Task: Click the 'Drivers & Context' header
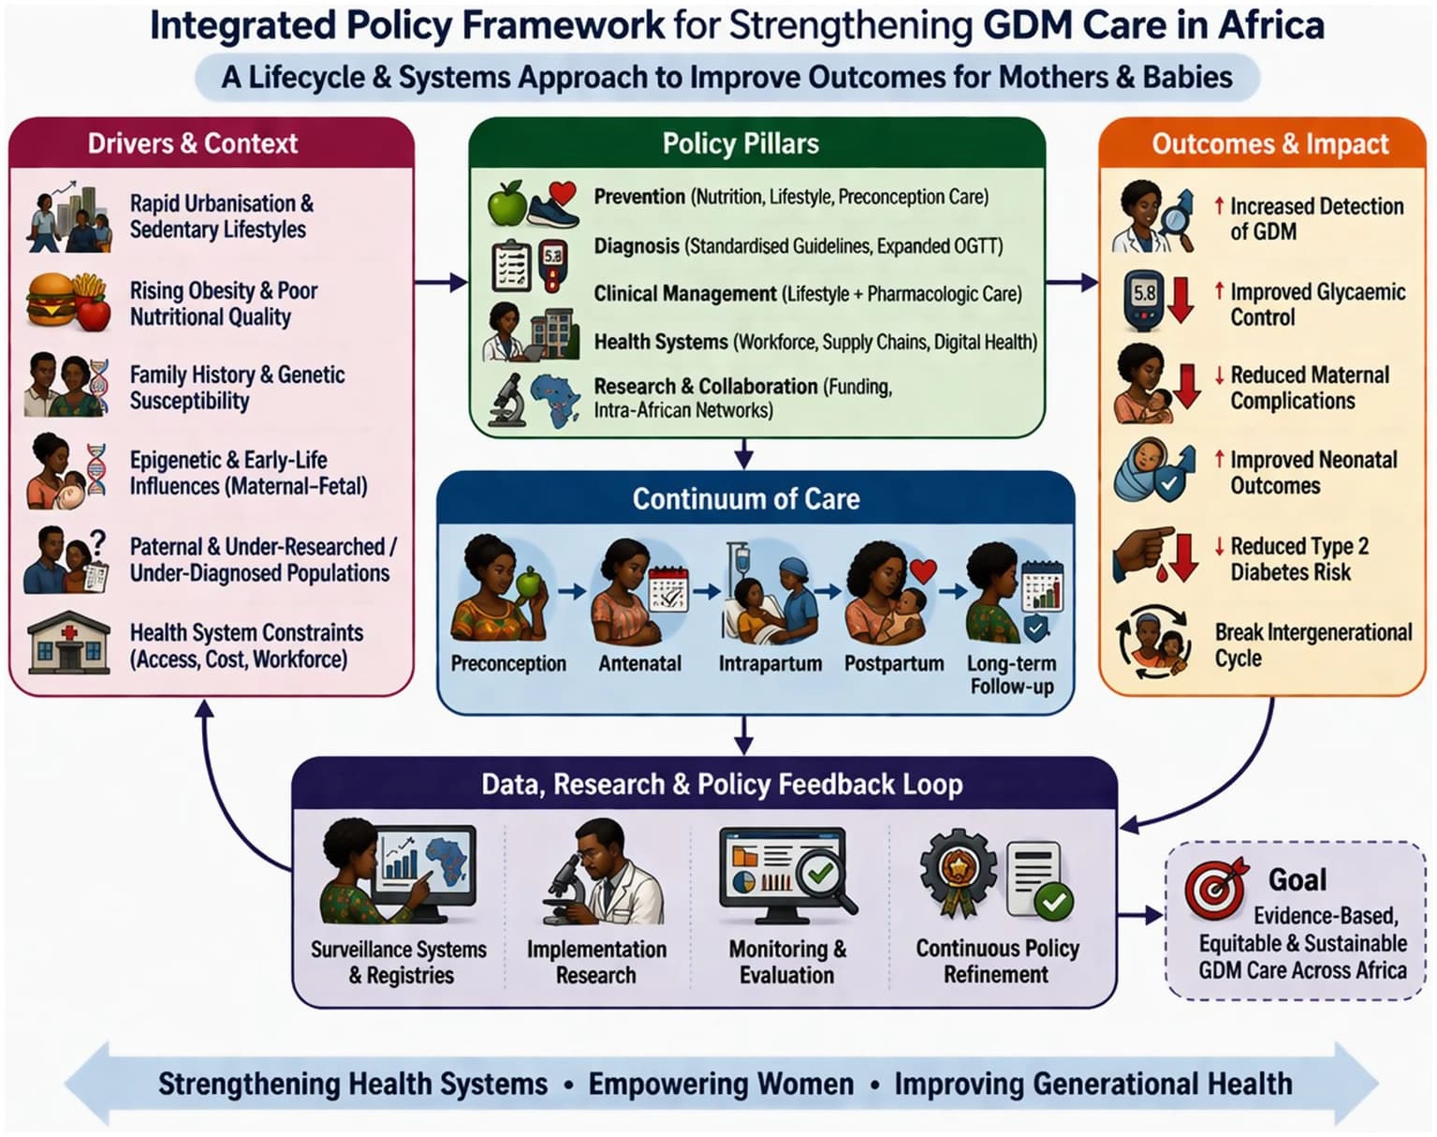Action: tap(193, 143)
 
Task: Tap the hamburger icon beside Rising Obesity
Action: tap(51, 300)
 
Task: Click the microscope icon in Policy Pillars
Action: tap(507, 400)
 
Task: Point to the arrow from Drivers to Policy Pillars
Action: tap(441, 283)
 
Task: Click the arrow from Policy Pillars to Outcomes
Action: tap(1072, 283)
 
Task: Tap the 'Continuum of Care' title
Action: tap(746, 499)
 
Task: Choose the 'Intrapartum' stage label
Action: tap(770, 663)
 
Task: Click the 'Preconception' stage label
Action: tap(508, 663)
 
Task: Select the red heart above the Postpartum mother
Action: tap(923, 572)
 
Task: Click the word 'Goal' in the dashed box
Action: tap(1298, 879)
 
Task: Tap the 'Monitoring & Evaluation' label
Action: tap(787, 962)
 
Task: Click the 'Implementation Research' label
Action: tap(596, 962)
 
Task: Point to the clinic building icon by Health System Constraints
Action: tap(68, 642)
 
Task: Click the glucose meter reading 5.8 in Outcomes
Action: tap(1144, 301)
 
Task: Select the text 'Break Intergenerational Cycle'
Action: tap(1313, 644)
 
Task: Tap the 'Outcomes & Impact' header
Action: tap(1270, 144)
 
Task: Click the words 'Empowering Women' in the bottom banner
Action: tap(721, 1084)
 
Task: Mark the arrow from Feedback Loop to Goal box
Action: tap(1140, 915)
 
